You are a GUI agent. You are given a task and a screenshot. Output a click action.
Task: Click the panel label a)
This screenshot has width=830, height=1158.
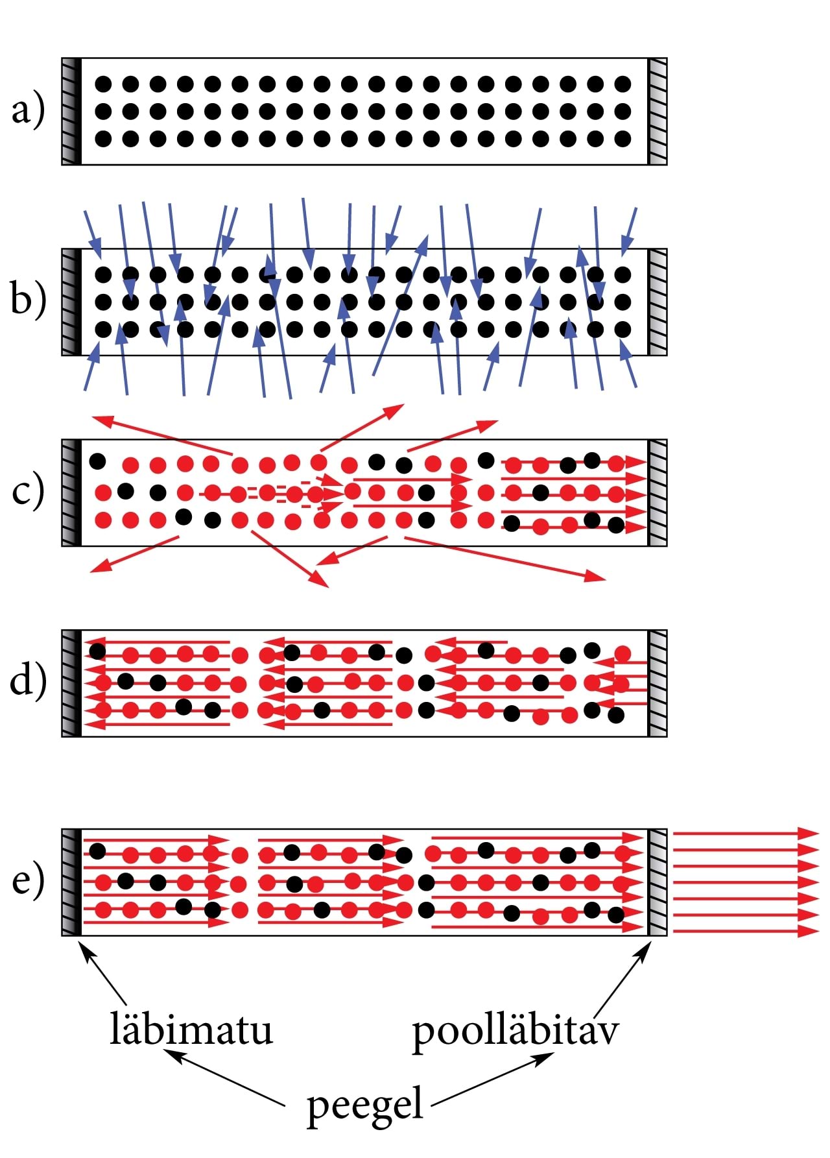(x=28, y=111)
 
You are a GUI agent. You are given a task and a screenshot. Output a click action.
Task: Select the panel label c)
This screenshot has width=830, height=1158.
(x=28, y=492)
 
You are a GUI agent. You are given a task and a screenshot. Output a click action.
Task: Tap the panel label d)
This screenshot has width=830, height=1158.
(x=28, y=681)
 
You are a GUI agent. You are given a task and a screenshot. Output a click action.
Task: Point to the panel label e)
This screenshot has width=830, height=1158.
(x=28, y=881)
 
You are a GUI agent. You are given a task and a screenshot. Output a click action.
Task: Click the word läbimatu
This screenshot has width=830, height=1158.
(x=191, y=1030)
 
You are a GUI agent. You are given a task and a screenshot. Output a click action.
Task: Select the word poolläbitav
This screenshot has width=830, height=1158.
(x=516, y=1030)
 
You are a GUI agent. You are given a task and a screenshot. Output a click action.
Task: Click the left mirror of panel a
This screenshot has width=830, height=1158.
(x=71, y=112)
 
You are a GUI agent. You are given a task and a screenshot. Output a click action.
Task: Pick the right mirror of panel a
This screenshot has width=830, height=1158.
(x=658, y=112)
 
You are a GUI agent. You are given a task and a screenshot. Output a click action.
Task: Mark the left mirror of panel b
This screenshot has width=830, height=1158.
(x=71, y=302)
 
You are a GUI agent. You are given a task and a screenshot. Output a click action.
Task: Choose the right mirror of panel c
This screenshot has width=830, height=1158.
(x=658, y=492)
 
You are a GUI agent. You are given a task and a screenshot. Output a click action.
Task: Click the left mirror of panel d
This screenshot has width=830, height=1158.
(x=71, y=683)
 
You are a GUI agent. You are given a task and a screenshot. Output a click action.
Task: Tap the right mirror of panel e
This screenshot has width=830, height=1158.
(x=658, y=882)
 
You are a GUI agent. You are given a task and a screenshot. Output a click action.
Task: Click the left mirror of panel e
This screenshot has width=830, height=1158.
(x=71, y=882)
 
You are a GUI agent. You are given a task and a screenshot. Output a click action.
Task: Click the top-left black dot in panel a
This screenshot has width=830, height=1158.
(x=103, y=84)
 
